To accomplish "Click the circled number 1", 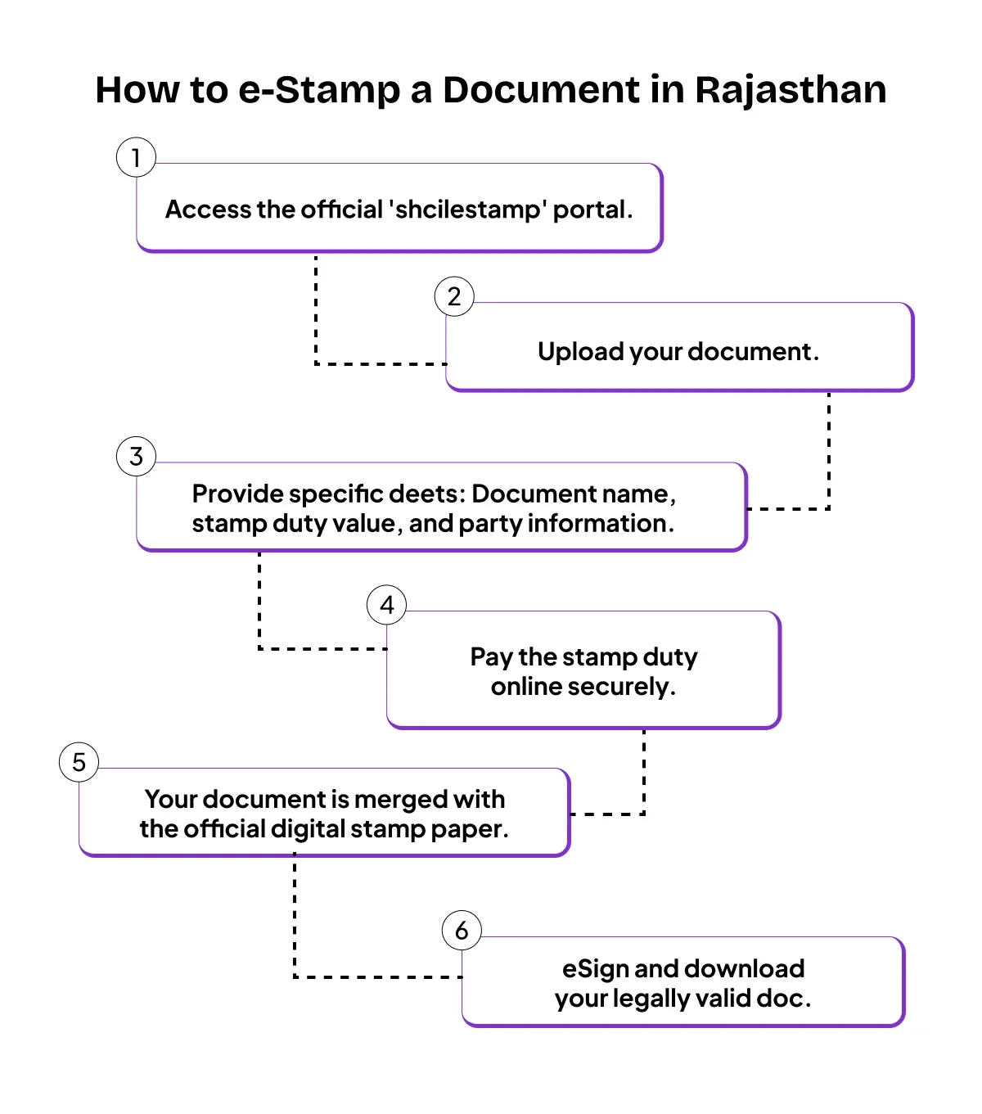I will point(136,157).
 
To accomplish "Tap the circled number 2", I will point(454,296).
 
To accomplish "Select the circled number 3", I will point(136,457).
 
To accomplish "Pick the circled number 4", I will point(387,605).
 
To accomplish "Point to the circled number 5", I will point(79,762).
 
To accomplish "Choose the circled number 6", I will point(462,931).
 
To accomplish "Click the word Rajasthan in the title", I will point(791,90).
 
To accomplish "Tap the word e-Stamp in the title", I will point(318,90).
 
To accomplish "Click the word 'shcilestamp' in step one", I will point(468,210).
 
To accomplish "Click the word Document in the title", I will point(541,90).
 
